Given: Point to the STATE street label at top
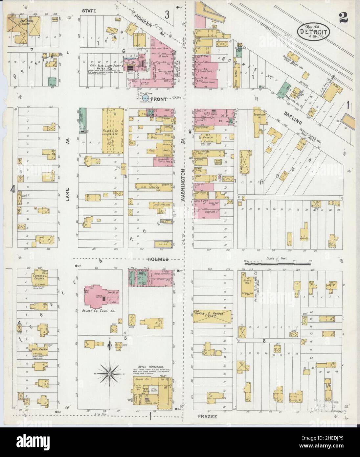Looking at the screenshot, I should point(89,11).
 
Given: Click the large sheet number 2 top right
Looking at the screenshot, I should point(344,19).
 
